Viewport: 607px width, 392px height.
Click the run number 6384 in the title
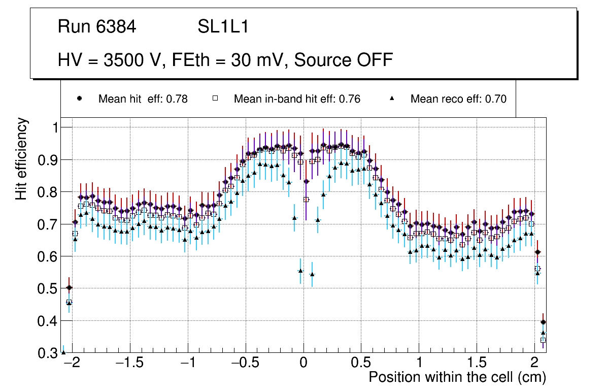coord(117,27)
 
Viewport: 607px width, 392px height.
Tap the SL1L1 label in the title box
coord(223,27)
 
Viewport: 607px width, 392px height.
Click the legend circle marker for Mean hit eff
coord(79,99)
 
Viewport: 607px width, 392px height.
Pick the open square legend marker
coord(215,99)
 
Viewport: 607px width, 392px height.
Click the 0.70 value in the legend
coord(495,99)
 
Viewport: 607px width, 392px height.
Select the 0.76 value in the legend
coord(350,99)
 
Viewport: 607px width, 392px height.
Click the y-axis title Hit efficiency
coord(22,158)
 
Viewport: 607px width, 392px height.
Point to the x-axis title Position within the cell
coord(457,377)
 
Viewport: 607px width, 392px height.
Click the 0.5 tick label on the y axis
coord(49,288)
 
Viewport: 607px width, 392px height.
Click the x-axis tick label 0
coord(304,364)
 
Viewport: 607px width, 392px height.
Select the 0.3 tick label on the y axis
coord(49,353)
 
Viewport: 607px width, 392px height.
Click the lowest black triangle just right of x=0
coord(312,275)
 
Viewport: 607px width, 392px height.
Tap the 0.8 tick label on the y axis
coord(49,192)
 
